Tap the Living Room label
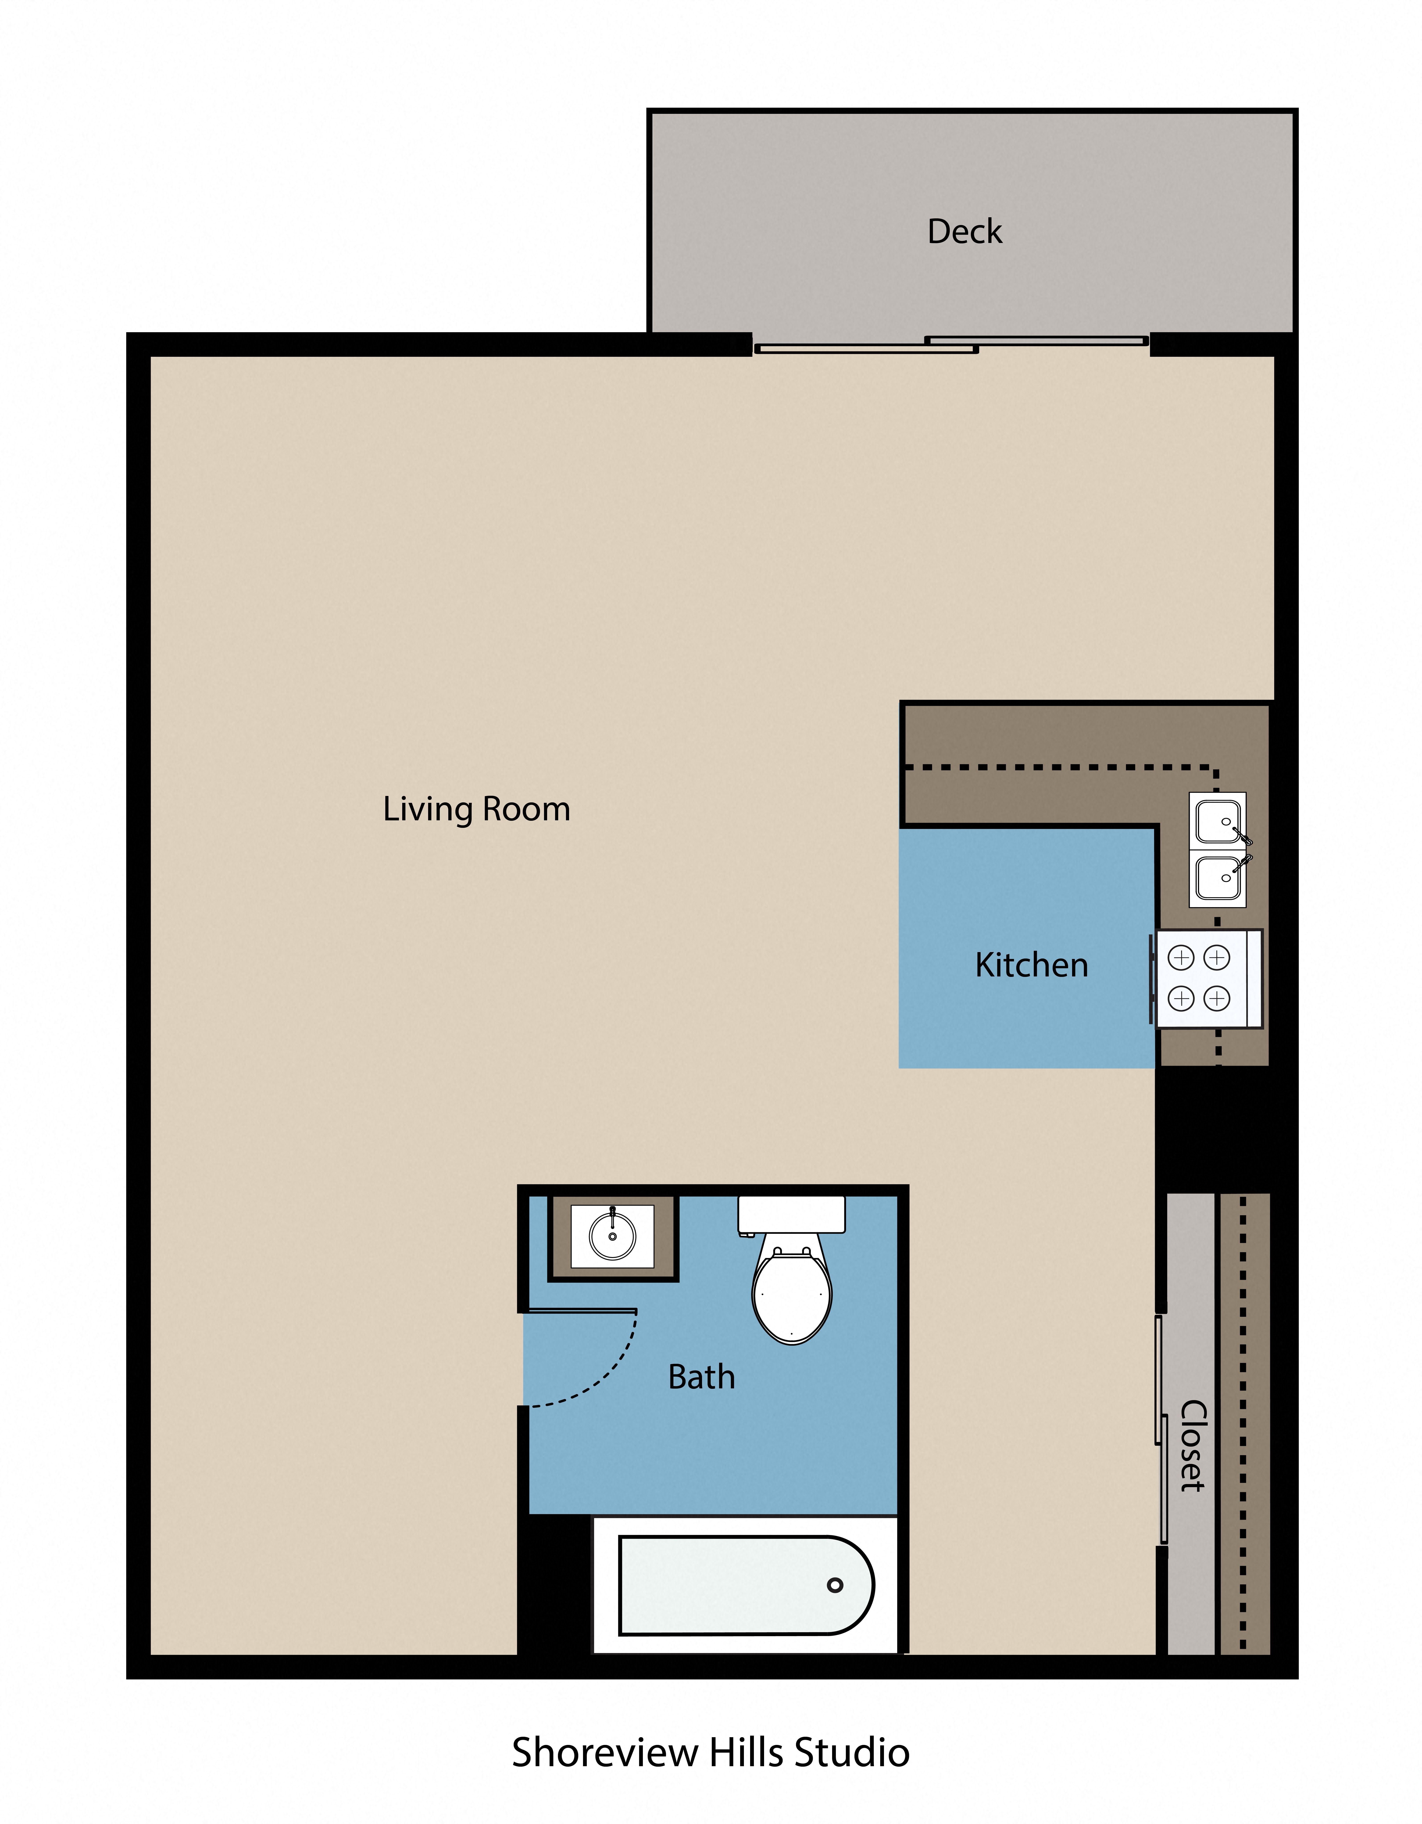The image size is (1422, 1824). pyautogui.click(x=476, y=809)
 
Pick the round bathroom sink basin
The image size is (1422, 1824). pyautogui.click(x=612, y=1236)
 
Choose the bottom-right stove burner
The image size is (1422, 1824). pyautogui.click(x=1217, y=998)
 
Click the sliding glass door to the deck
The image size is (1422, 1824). pyautogui.click(x=951, y=344)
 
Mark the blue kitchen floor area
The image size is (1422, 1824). pyautogui.click(x=1027, y=948)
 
